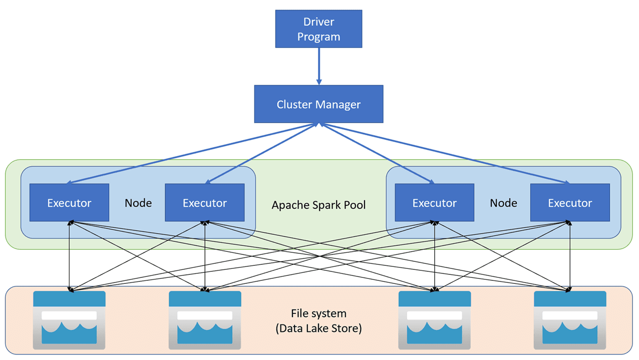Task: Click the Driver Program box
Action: pos(318,30)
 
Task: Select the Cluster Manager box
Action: pos(318,104)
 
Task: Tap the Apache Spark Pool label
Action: pos(318,205)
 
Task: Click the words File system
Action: pos(318,314)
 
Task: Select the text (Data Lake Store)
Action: pos(318,329)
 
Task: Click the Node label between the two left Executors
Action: pos(138,203)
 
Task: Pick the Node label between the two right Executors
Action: pos(503,203)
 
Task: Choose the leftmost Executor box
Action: pos(69,202)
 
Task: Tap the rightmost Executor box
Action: pos(570,202)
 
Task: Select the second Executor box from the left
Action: pos(205,202)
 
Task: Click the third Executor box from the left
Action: pos(434,202)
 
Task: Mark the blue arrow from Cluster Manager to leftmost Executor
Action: pos(193,154)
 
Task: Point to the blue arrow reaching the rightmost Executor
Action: pos(446,154)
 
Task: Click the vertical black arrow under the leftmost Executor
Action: pos(69,255)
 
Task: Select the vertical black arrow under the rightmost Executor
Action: pos(570,255)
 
